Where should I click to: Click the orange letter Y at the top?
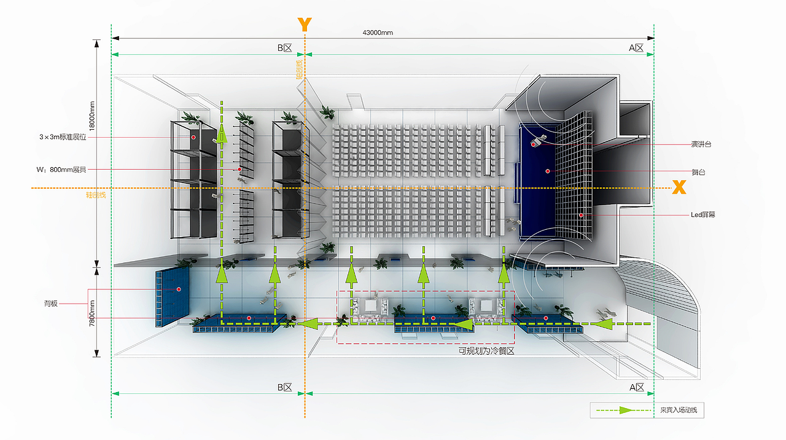coord(305,25)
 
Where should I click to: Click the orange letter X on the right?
coord(679,187)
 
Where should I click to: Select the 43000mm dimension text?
coord(378,33)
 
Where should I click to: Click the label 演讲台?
coord(702,144)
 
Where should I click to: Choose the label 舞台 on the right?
coord(698,173)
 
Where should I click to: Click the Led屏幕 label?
coord(703,215)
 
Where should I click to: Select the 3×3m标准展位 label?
coord(63,137)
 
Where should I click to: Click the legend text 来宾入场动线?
coord(679,410)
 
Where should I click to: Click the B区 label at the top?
coord(284,48)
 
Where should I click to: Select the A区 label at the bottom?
coord(636,388)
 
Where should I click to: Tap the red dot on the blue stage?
coord(547,171)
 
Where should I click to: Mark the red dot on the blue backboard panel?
coord(179,289)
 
